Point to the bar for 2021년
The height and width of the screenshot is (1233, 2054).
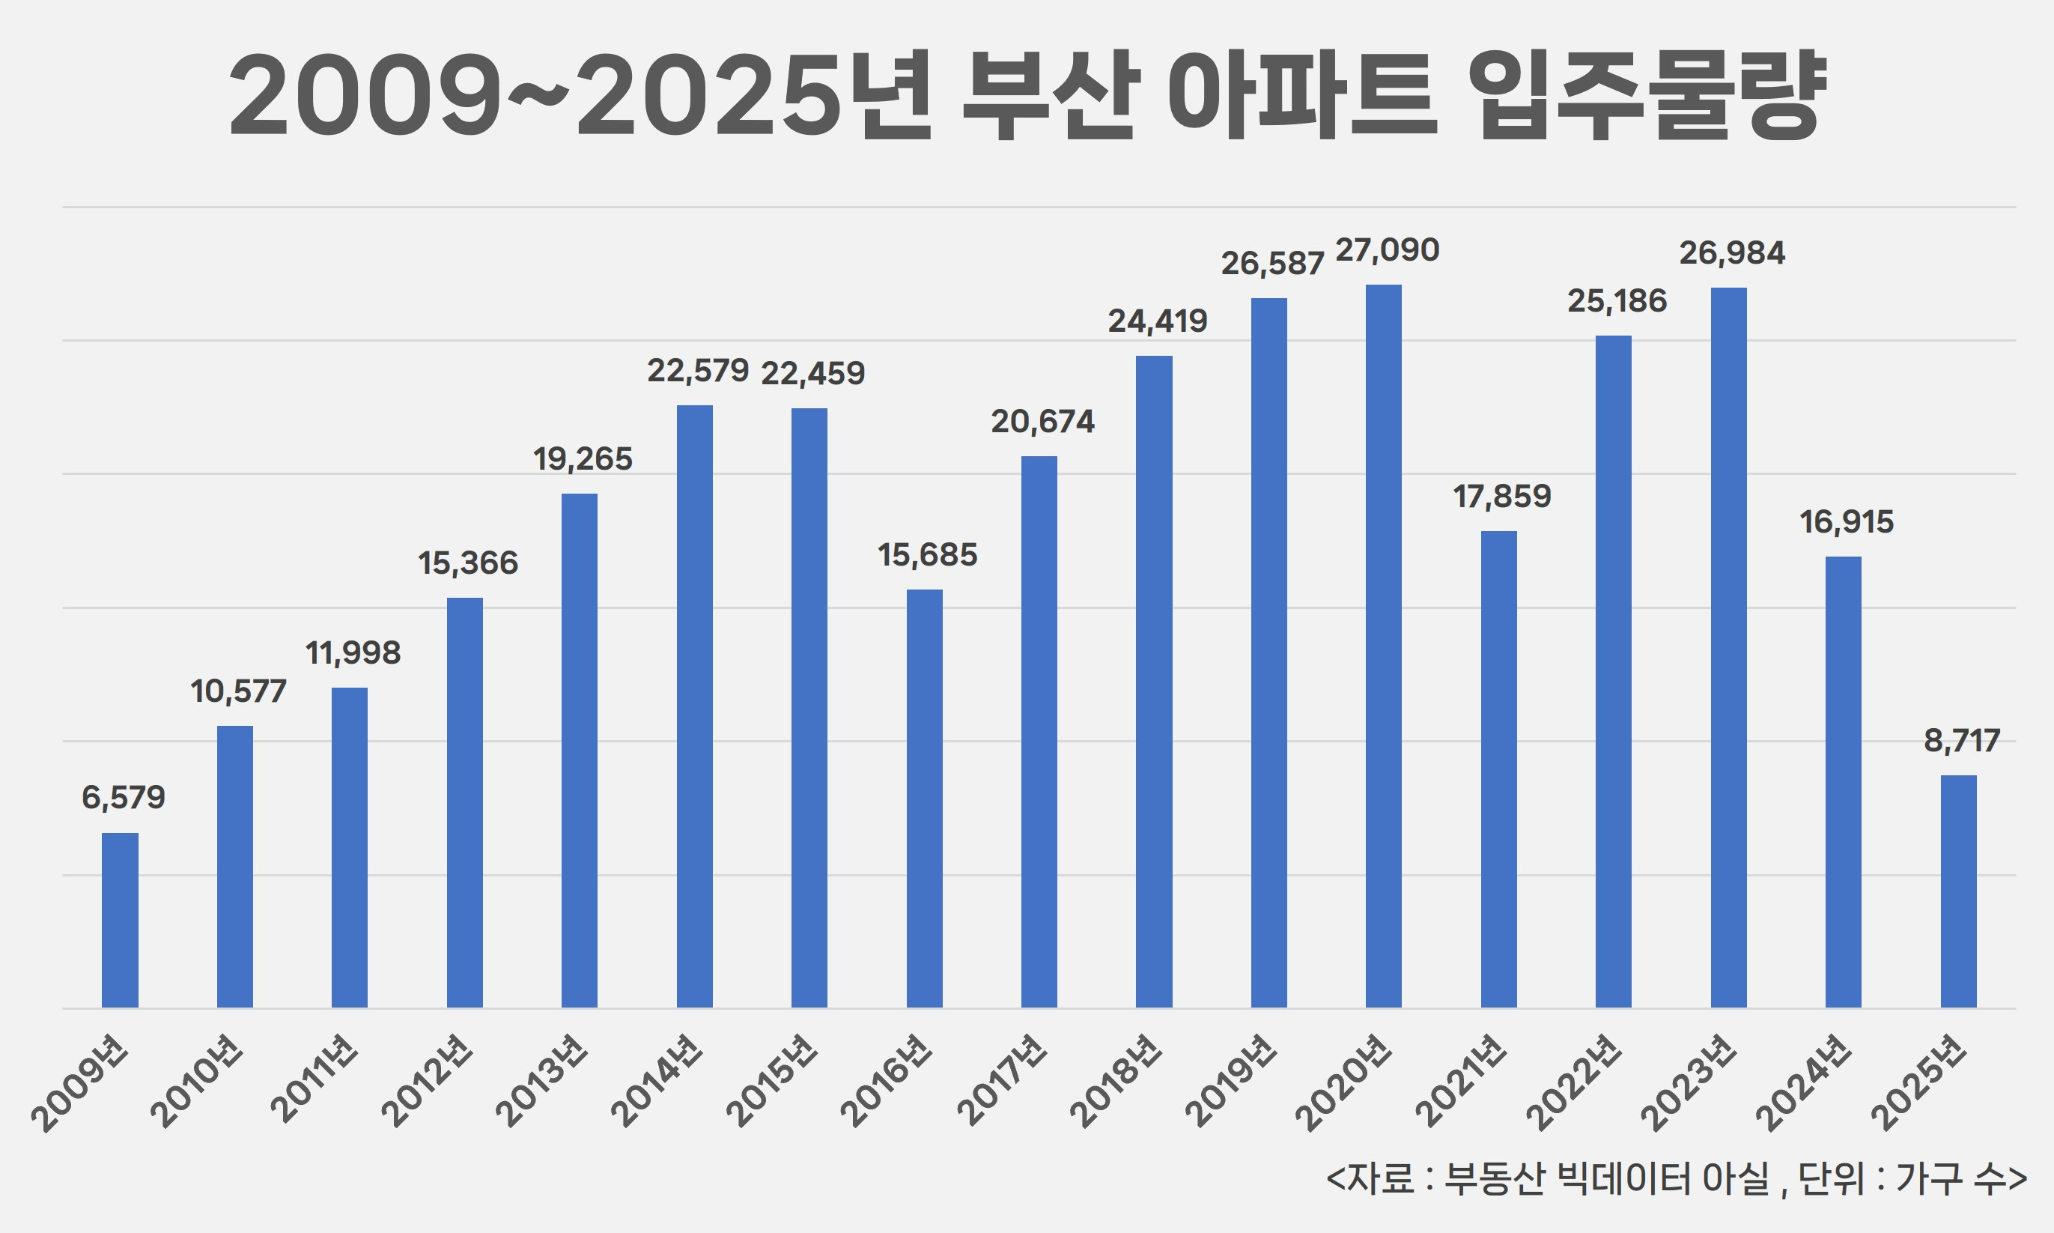tap(1498, 769)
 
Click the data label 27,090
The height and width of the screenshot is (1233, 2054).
tap(1386, 250)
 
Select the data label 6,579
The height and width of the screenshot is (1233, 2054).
tap(123, 798)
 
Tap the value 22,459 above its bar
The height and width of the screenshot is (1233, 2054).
tap(812, 374)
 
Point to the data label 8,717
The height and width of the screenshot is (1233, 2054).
tap(1961, 740)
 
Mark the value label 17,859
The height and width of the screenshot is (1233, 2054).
tap(1501, 497)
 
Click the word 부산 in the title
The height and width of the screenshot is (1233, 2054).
tap(1050, 94)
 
